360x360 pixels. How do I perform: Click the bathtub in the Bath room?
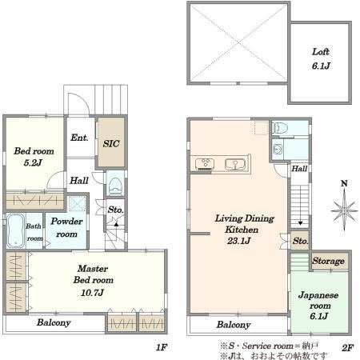click(15, 230)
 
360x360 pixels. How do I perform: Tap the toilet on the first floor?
click(115, 185)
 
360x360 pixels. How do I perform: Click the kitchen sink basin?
click(234, 164)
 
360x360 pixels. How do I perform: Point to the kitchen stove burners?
click(205, 164)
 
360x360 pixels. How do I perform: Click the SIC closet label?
click(111, 144)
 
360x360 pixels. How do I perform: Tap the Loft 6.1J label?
click(321, 58)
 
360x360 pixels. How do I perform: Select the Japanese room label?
click(318, 300)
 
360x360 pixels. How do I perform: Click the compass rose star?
click(344, 210)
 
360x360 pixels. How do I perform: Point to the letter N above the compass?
click(344, 183)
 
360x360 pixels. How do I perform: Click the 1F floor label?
click(162, 347)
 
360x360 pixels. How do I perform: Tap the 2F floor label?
click(347, 347)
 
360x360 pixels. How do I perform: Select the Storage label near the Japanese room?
click(328, 261)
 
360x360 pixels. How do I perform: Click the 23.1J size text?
click(239, 241)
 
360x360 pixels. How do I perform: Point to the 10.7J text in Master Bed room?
click(92, 293)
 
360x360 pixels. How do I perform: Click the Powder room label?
click(66, 227)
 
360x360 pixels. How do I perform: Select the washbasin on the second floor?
click(278, 150)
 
